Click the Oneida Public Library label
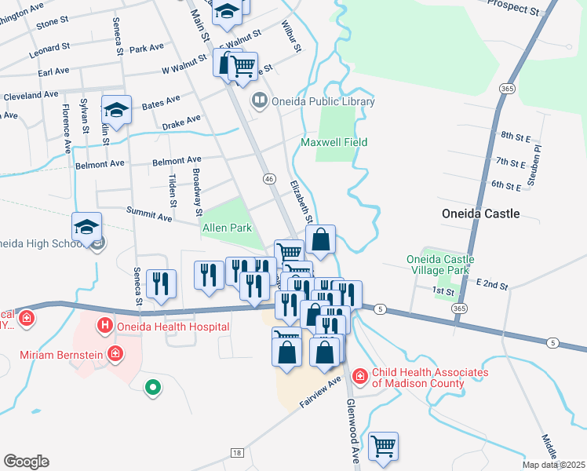click(323, 101)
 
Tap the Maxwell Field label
click(334, 142)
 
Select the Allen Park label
click(227, 228)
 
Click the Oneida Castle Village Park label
click(438, 265)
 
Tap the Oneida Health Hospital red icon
click(104, 324)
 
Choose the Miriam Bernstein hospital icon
click(116, 354)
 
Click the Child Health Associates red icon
click(360, 377)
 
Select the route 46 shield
click(269, 179)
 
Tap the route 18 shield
click(237, 453)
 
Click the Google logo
click(26, 462)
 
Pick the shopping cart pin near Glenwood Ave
click(383, 446)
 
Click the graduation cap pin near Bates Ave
click(116, 111)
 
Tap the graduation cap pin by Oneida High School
click(86, 228)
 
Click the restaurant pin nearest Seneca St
click(161, 283)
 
